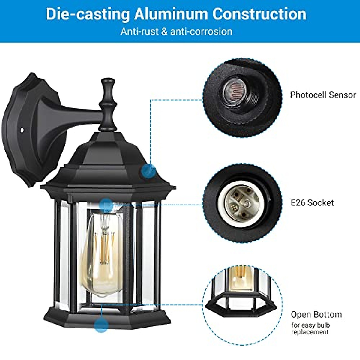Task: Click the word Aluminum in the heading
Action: pyautogui.click(x=171, y=14)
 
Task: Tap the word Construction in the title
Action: pyautogui.click(x=259, y=14)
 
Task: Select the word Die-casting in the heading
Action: pyautogui.click(x=88, y=14)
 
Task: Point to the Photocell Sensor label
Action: pyautogui.click(x=323, y=95)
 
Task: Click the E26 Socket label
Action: pyautogui.click(x=312, y=203)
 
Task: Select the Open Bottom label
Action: pyautogui.click(x=316, y=314)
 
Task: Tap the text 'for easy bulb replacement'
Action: pyautogui.click(x=310, y=328)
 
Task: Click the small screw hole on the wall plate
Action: pyautogui.click(x=22, y=130)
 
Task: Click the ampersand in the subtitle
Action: pyautogui.click(x=164, y=31)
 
